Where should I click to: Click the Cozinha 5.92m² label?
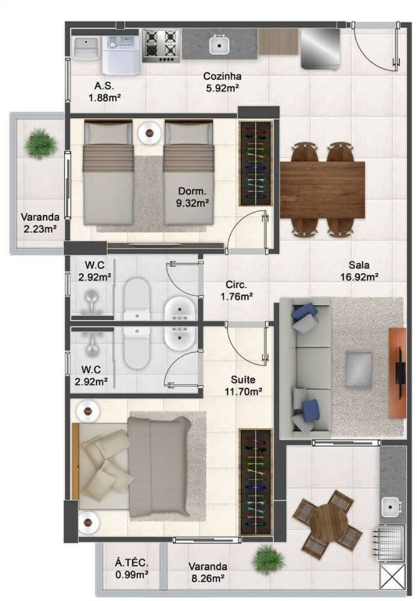(222, 82)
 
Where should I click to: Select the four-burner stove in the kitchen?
(162, 45)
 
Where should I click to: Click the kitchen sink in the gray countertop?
(218, 44)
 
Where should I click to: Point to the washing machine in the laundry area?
(121, 53)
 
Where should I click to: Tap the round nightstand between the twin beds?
(148, 133)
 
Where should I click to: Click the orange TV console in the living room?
(397, 373)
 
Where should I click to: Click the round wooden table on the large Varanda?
(329, 520)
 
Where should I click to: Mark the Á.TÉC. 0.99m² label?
(132, 569)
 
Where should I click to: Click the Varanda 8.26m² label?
(207, 572)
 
